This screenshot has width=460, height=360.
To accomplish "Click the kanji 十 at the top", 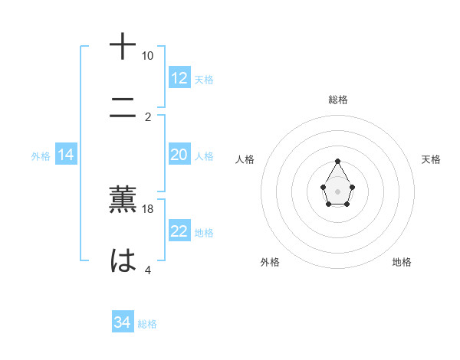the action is click(x=123, y=46).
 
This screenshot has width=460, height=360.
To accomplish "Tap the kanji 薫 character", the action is click(x=123, y=198).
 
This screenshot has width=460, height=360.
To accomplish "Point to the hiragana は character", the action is click(x=123, y=260).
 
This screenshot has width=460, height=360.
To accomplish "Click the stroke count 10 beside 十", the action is click(x=147, y=56).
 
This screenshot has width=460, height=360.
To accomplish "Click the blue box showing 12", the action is click(x=179, y=78).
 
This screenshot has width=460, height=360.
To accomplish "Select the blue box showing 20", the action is click(x=179, y=155).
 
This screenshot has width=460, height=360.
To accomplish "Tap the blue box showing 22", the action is click(x=179, y=231).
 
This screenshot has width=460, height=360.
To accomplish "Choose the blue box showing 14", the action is click(x=66, y=155).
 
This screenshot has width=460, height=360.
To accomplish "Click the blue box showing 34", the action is click(x=123, y=323).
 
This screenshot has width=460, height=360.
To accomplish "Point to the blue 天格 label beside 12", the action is click(x=204, y=79).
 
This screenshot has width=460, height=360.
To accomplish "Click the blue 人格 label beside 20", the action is click(x=204, y=155).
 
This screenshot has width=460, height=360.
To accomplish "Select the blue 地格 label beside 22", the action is click(x=204, y=232).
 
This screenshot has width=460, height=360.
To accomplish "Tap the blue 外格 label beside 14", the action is click(x=41, y=156).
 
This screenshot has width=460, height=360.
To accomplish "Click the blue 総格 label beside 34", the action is click(x=147, y=324).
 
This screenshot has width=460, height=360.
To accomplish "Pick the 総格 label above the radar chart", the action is click(x=337, y=100).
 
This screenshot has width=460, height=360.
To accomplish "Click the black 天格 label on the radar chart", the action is click(x=431, y=159).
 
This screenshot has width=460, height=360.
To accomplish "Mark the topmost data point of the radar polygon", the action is click(x=337, y=161).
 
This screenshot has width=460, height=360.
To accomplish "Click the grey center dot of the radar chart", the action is click(x=337, y=190).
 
